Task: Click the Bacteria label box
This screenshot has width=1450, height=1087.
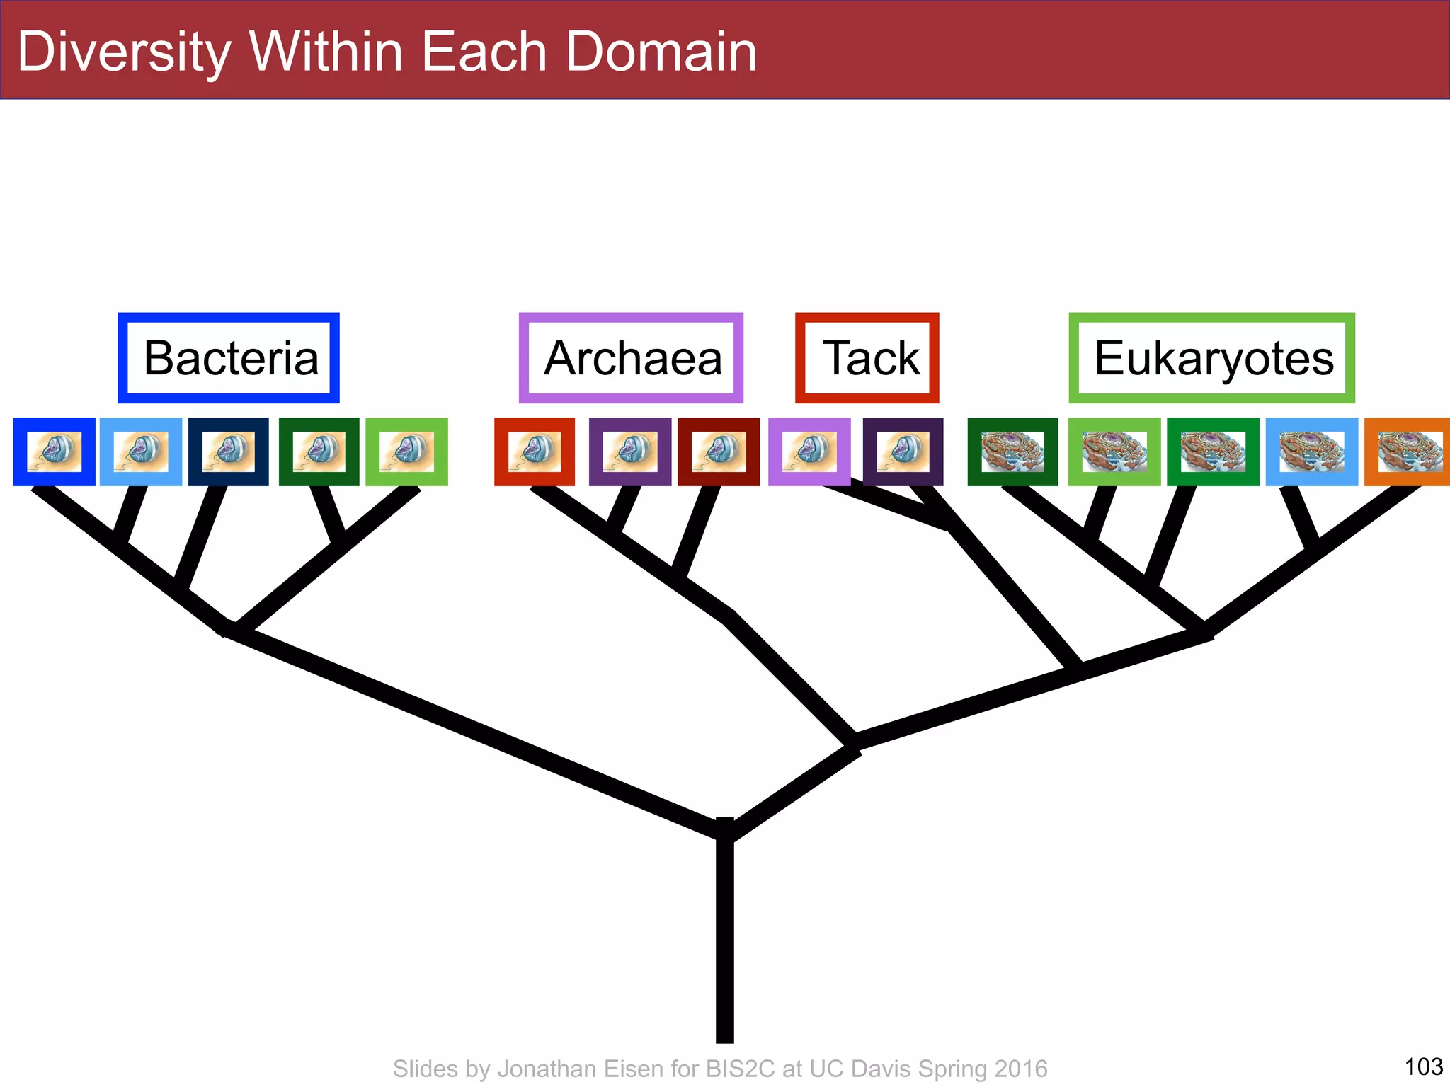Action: pos(229,358)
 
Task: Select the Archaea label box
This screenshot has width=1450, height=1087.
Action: pos(631,358)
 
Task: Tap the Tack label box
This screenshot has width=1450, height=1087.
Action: pos(867,358)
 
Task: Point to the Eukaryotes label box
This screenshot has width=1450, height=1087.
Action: pos(1212,358)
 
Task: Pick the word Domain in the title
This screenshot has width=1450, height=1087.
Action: pos(661,52)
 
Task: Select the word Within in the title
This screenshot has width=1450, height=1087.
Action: pos(326,52)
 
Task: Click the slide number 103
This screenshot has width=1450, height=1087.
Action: pos(1423,1066)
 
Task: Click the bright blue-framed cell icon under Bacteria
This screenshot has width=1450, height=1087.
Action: pos(54,452)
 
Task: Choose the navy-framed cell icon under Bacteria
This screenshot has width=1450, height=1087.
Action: pos(229,452)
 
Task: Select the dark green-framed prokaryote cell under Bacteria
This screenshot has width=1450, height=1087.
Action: pos(319,452)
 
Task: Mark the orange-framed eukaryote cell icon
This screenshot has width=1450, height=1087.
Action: pos(1408,452)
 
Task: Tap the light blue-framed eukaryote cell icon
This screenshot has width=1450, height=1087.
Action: pos(1311,452)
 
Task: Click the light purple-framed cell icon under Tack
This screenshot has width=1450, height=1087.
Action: pos(809,452)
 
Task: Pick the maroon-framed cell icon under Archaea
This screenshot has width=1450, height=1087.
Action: pos(719,452)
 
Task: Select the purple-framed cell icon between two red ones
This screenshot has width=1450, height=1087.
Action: pos(630,452)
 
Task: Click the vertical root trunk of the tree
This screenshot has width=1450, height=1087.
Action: pos(725,941)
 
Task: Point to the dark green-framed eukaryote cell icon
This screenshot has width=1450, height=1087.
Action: pos(1012,452)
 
